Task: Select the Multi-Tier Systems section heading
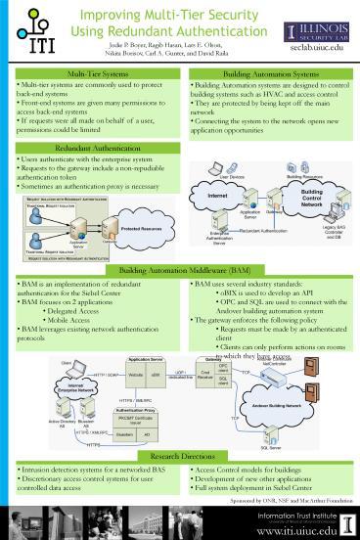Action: (89, 74)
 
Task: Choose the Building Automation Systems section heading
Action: (267, 74)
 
